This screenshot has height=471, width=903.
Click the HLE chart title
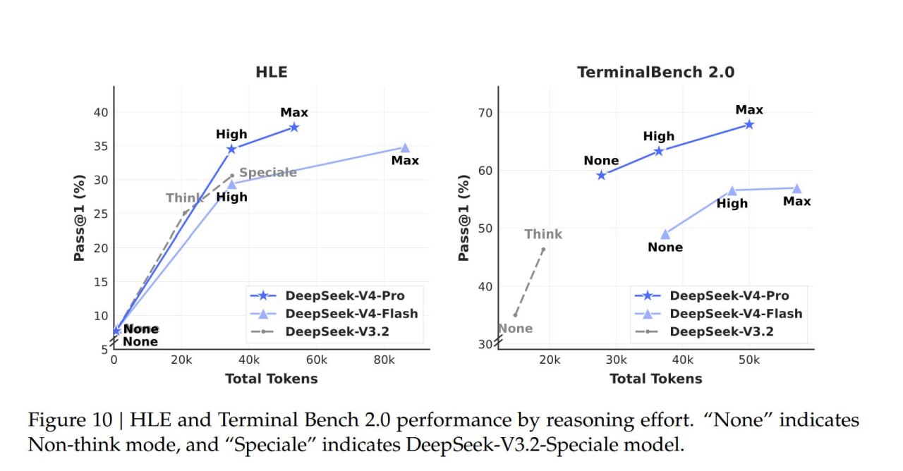tap(271, 72)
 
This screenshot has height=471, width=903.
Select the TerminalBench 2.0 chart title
tap(655, 72)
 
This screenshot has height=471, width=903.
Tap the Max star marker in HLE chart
tap(294, 127)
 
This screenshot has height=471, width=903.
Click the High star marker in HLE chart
tap(231, 149)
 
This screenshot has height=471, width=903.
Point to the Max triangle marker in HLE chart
tap(405, 147)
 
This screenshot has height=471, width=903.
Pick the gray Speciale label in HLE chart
tap(268, 173)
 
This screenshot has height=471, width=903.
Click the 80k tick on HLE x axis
tap(384, 359)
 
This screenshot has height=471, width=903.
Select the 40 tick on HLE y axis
tap(101, 113)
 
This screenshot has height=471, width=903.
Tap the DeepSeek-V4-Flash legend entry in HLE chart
tap(351, 313)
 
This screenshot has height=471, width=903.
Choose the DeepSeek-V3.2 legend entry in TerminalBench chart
tap(721, 331)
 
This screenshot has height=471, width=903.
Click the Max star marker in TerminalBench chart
tap(749, 124)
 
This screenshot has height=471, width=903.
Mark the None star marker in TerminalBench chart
tap(601, 175)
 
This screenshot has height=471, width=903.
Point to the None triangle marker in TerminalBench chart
tap(665, 234)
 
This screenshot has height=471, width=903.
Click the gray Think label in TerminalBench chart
tap(543, 234)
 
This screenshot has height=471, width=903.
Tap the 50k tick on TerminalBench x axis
tap(749, 359)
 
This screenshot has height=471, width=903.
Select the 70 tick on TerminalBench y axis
tap(485, 113)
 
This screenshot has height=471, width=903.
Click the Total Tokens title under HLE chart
tap(271, 379)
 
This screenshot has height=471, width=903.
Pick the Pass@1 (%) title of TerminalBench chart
tap(463, 218)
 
